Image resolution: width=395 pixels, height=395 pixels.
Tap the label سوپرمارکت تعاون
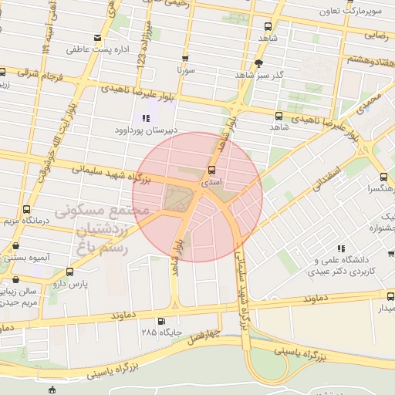coord(352,12)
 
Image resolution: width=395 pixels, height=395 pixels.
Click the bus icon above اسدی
coord(211,170)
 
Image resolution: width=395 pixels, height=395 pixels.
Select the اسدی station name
coord(211,184)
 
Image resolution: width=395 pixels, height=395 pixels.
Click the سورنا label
coord(186,70)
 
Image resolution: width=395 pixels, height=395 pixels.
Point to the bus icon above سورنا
coord(186,58)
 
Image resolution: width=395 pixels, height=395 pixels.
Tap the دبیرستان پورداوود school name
coord(146,130)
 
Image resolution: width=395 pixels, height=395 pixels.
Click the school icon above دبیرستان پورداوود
coord(146,118)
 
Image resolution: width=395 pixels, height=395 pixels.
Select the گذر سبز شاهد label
coord(258,75)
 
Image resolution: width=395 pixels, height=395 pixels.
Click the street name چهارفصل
coord(205,336)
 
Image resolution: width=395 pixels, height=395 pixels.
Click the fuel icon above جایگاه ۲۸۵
coord(160,321)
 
